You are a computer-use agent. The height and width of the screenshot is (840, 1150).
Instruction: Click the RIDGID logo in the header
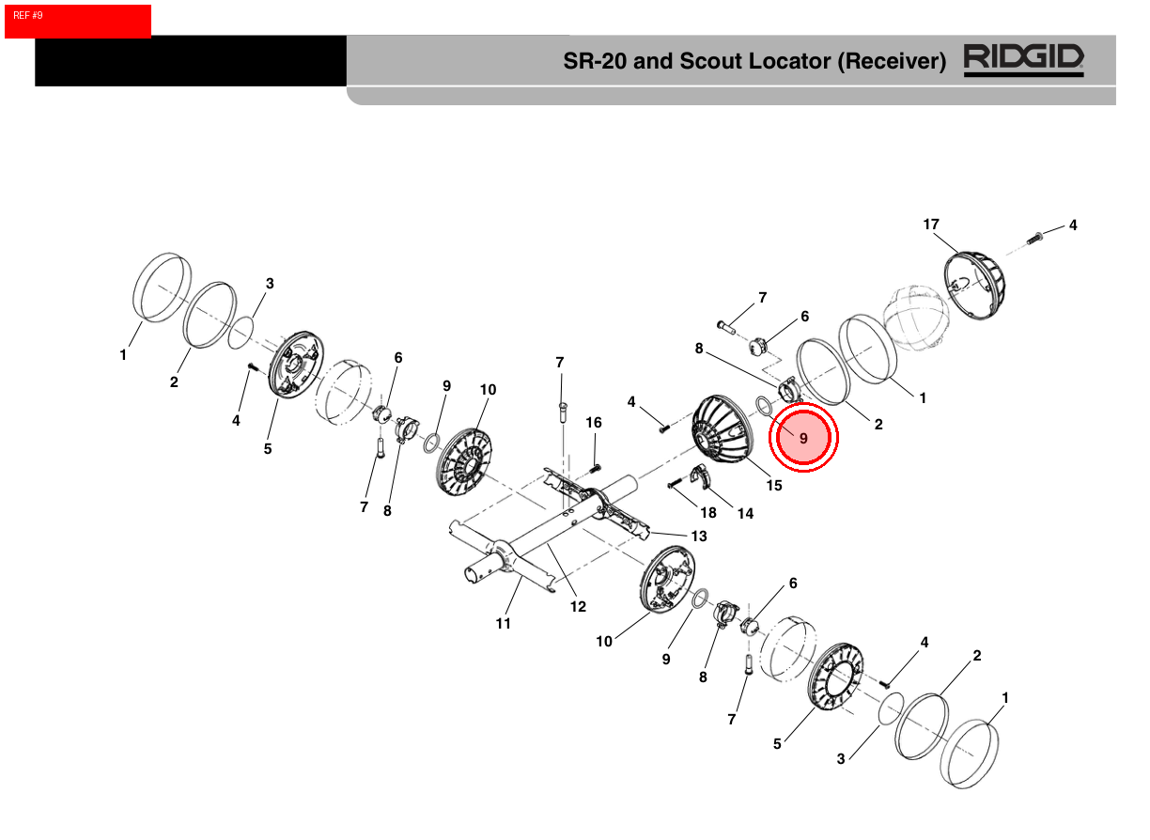pyautogui.click(x=1023, y=60)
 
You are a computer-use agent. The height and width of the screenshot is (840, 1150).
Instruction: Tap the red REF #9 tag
pyautogui.click(x=77, y=21)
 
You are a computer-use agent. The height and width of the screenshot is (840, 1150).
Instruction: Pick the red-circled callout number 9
pyautogui.click(x=803, y=439)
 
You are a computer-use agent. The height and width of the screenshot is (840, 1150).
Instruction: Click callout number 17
pyautogui.click(x=931, y=225)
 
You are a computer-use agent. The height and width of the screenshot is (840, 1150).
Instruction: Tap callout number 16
pyautogui.click(x=594, y=423)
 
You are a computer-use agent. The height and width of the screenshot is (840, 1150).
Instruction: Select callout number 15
pyautogui.click(x=774, y=486)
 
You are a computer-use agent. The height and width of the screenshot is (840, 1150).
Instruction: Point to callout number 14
pyautogui.click(x=745, y=513)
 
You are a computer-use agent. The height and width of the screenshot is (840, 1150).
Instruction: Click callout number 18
pyautogui.click(x=707, y=513)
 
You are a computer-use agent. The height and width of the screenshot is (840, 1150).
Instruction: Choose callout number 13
pyautogui.click(x=699, y=536)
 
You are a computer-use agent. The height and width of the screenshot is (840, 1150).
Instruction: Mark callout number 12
pyautogui.click(x=578, y=607)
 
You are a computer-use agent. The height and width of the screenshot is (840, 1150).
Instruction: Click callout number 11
pyautogui.click(x=504, y=623)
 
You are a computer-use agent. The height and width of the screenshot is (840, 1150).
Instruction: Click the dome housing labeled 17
pyautogui.click(x=972, y=287)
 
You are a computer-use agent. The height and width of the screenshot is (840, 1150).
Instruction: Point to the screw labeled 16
pyautogui.click(x=595, y=467)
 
